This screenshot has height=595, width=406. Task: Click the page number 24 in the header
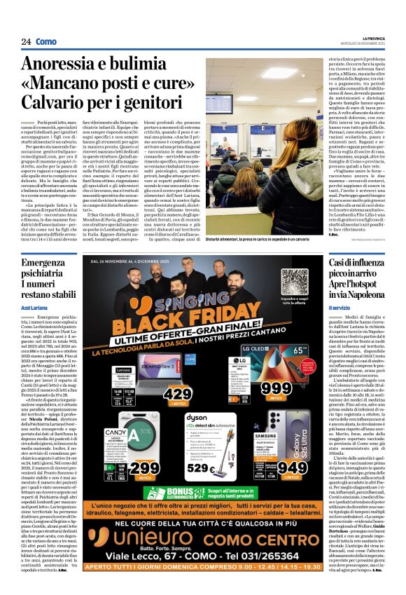[x=26, y=42]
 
